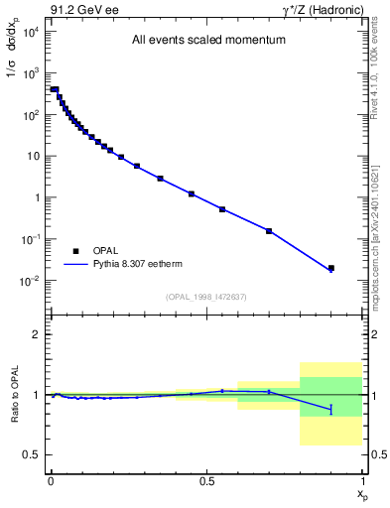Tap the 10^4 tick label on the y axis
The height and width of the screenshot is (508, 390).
click(30, 32)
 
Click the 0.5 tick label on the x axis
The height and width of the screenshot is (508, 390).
click(206, 479)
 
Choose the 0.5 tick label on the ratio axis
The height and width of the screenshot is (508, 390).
click(33, 454)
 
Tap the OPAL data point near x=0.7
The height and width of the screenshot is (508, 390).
click(269, 231)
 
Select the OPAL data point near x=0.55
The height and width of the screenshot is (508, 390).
click(222, 209)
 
